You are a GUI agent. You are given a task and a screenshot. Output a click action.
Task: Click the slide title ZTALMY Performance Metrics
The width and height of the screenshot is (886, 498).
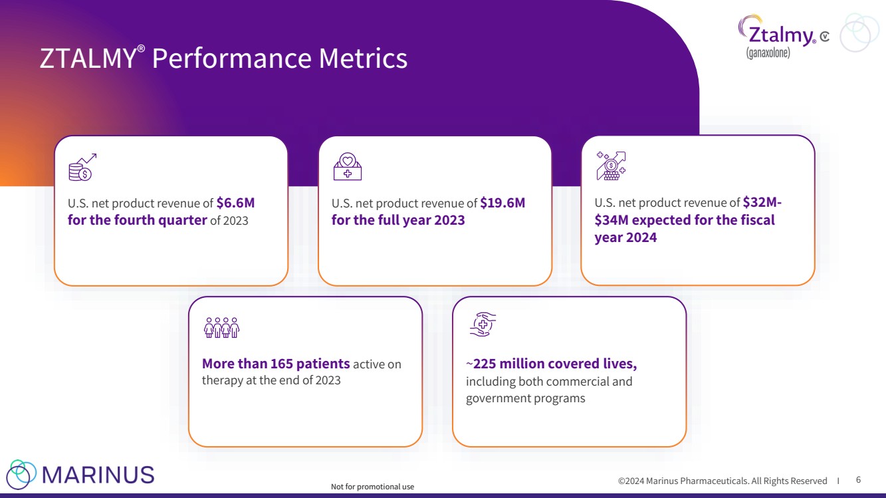(223, 59)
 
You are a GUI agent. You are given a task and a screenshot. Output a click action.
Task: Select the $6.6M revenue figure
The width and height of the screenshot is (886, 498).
(235, 203)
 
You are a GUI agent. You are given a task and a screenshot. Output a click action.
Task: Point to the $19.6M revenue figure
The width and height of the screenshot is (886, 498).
(502, 203)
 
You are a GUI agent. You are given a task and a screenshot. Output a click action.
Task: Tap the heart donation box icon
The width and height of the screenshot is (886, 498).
(347, 167)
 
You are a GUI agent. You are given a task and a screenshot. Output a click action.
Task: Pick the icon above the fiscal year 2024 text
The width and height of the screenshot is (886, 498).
(611, 166)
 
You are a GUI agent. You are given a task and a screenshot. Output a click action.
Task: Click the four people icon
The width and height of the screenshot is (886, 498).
(221, 326)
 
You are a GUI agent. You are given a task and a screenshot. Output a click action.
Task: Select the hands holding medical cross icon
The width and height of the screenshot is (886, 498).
(483, 324)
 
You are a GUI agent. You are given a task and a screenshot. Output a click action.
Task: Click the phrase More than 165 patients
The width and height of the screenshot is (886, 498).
(276, 364)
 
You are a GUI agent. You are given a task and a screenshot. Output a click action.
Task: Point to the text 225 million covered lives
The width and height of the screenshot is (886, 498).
(554, 364)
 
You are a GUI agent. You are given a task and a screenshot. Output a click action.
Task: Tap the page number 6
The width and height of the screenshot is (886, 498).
(858, 479)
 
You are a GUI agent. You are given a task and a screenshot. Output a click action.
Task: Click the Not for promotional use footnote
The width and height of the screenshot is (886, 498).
(372, 487)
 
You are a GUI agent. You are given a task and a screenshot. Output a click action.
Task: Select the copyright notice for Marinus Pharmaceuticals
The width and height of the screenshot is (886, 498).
(722, 481)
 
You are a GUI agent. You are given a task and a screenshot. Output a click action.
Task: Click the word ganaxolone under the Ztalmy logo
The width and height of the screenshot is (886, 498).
(768, 53)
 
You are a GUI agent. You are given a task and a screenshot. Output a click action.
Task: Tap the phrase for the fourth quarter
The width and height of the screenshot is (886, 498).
(138, 220)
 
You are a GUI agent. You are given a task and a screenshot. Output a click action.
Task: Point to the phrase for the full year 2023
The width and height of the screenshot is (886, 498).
(398, 220)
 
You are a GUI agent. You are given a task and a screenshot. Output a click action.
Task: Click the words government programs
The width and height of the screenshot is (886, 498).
(525, 398)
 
